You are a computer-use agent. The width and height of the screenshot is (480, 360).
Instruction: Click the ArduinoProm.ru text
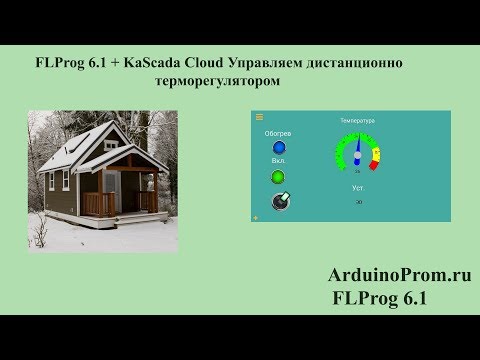pos(398,274)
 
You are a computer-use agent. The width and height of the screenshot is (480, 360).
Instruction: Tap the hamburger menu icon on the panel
pos(260,118)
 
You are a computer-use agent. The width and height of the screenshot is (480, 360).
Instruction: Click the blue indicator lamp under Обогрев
pos(278,148)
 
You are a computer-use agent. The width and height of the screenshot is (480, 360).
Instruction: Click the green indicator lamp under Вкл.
pos(278,177)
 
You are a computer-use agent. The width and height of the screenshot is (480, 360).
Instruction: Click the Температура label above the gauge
pos(357,120)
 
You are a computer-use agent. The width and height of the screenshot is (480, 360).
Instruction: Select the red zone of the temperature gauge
pos(376,155)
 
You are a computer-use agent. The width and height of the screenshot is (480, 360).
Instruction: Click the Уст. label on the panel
pos(357,188)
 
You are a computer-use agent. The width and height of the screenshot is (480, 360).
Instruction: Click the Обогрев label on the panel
pos(277,133)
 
